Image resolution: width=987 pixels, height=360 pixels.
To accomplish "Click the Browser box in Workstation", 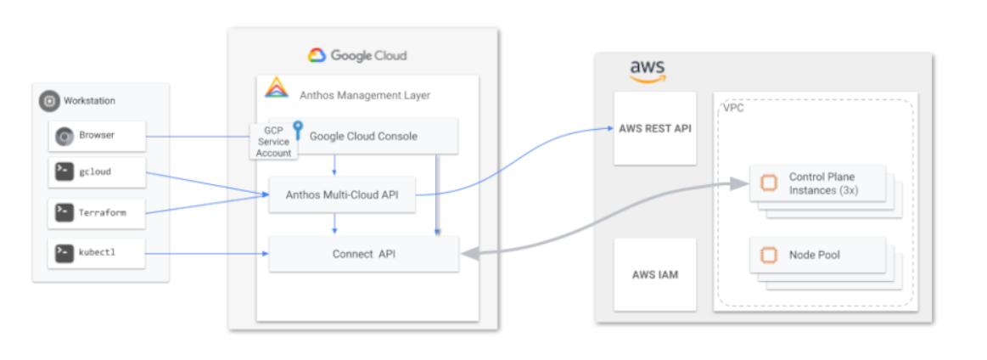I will pyautogui.click(x=97, y=135).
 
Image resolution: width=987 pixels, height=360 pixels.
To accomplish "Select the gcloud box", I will pyautogui.click(x=97, y=172).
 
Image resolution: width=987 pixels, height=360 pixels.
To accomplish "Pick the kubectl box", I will pyautogui.click(x=97, y=252).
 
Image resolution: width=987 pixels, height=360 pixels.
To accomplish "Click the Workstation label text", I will pyautogui.click(x=89, y=101).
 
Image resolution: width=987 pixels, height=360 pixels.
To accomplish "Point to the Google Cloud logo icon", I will pyautogui.click(x=316, y=56).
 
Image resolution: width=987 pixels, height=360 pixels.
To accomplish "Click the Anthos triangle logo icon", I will pyautogui.click(x=277, y=88).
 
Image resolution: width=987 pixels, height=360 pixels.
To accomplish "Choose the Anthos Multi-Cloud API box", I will pyautogui.click(x=343, y=195).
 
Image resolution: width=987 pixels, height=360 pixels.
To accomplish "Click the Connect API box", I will pyautogui.click(x=363, y=254).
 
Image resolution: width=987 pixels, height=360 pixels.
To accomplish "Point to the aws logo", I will pyautogui.click(x=647, y=70).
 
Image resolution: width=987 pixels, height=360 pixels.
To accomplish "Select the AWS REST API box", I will pyautogui.click(x=654, y=129).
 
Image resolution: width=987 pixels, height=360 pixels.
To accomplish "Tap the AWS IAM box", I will pyautogui.click(x=654, y=274).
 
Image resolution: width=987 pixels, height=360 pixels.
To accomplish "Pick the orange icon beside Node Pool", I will pyautogui.click(x=769, y=255).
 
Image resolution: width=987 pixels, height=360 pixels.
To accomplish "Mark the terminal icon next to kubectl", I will pyautogui.click(x=63, y=252).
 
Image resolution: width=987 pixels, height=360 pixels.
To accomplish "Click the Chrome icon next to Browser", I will pyautogui.click(x=63, y=135).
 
